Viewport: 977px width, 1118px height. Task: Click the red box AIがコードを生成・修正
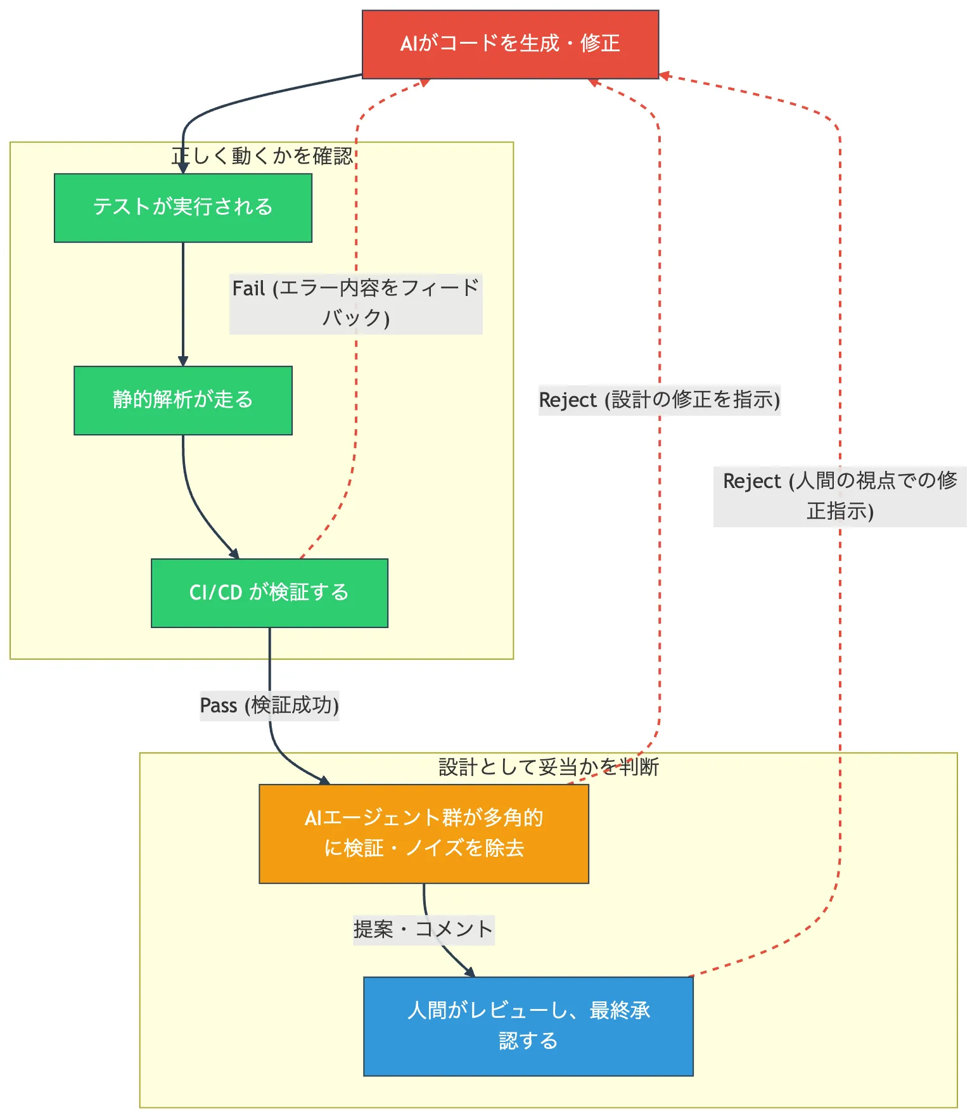coord(510,44)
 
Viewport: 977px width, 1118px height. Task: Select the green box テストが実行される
coord(183,208)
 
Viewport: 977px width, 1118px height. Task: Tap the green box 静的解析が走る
coord(183,401)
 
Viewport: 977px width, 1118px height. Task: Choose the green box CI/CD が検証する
coord(269,593)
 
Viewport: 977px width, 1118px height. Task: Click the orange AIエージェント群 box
coord(424,833)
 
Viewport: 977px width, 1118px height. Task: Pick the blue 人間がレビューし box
coord(528,1026)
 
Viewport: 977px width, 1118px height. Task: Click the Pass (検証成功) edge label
coord(269,705)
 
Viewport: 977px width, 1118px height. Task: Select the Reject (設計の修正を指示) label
coord(659,400)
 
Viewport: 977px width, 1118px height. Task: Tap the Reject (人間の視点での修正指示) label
coord(840,496)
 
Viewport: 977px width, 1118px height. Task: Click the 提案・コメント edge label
coord(423,930)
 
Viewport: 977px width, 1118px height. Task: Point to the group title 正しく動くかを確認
coord(262,156)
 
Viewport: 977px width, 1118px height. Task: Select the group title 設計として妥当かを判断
coord(549,767)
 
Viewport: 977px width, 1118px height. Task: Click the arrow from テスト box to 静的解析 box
coord(183,304)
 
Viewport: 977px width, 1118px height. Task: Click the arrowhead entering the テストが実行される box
coord(183,169)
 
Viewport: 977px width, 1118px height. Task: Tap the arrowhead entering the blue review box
coord(470,972)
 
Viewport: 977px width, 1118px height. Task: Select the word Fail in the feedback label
coord(248,289)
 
